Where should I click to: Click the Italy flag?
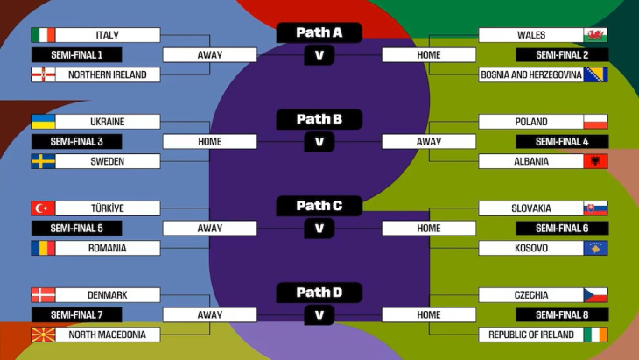43,35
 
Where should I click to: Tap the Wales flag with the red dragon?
595,35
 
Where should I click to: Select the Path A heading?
319,32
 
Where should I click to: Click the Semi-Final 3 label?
76,141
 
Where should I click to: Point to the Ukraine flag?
43,122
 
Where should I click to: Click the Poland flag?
595,122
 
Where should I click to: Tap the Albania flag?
595,161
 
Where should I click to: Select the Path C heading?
319,206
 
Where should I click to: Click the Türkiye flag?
43,208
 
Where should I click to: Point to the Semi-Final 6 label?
561,228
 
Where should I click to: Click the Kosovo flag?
595,248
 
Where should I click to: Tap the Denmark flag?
43,295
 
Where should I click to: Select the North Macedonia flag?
43,335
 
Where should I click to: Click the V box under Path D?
319,314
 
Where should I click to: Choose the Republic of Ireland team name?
531,335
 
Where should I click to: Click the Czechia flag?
595,295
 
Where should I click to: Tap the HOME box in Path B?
210,141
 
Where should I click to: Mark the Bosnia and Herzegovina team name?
531,74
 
